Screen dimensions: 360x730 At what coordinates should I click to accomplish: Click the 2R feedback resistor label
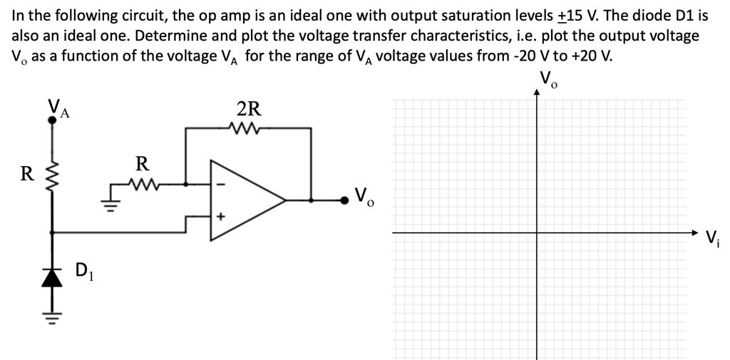click(x=249, y=109)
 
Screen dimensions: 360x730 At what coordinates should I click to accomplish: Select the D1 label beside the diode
click(x=83, y=270)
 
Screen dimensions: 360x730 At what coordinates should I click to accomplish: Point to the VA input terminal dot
click(x=51, y=120)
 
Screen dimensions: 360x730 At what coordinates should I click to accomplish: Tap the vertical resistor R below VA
click(x=51, y=173)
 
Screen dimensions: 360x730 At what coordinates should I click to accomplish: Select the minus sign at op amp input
click(x=221, y=185)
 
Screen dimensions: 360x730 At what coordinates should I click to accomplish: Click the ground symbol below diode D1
click(x=51, y=307)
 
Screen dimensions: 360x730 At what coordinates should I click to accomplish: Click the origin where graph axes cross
click(x=537, y=232)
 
